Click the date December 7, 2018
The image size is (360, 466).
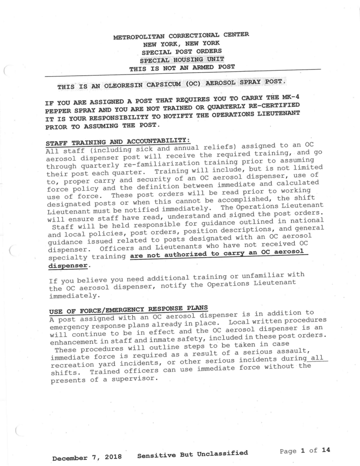click(x=86, y=458)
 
